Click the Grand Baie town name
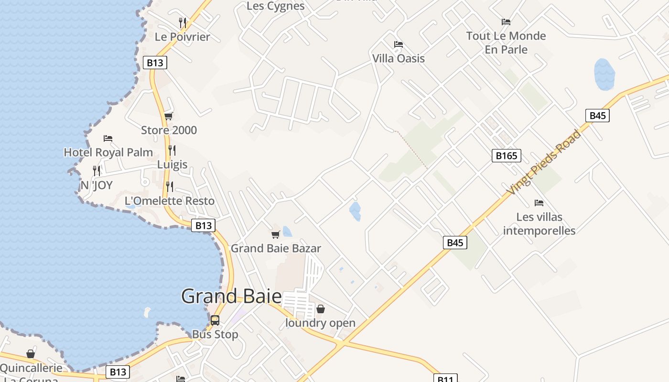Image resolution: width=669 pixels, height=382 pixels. (231, 297)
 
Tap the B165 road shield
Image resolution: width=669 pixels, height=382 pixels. (506, 155)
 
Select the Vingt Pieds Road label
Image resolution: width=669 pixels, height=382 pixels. (544, 162)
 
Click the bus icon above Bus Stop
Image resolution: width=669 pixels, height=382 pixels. (215, 320)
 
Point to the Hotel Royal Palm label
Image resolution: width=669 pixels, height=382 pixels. (108, 152)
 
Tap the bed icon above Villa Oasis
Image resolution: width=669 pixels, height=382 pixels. (399, 44)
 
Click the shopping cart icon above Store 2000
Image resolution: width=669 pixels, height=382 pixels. (168, 116)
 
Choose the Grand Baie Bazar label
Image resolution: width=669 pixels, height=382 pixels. (276, 248)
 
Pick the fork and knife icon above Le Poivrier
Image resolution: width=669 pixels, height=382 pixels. (182, 22)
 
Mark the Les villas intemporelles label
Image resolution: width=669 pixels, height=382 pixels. (539, 224)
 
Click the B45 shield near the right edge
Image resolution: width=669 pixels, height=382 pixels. (597, 115)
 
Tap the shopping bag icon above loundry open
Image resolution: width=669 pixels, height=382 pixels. (321, 309)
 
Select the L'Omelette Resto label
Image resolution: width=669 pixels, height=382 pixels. (170, 201)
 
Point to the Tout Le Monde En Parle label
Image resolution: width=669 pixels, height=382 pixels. (506, 42)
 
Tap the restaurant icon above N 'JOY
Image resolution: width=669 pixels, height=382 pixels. (97, 171)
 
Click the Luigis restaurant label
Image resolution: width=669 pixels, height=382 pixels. (173, 165)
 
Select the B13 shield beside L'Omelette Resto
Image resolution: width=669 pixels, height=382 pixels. (203, 225)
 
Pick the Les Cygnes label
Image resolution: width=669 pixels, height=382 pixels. (276, 6)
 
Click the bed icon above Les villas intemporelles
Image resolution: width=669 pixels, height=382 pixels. (539, 203)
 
